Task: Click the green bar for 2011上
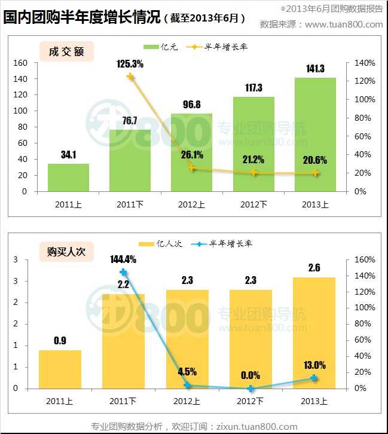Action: pos(69,178)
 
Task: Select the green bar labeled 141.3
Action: pos(315,135)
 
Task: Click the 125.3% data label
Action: pos(129,64)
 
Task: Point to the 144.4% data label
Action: pos(123,259)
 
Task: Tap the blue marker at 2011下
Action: pos(124,272)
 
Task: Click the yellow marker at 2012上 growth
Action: pos(191,168)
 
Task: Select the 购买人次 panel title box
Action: pos(66,252)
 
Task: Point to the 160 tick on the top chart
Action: pos(20,63)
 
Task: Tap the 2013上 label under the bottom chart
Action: pos(314,400)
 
